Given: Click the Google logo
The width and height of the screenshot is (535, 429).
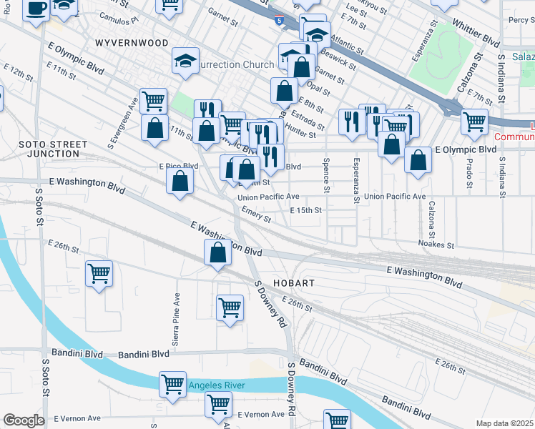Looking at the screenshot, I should [x=24, y=420].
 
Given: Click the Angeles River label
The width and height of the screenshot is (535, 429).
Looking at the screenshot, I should [x=217, y=385].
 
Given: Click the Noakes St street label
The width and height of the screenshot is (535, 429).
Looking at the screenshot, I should [x=436, y=244].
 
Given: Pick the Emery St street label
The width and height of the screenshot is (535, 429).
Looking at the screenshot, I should [x=255, y=213].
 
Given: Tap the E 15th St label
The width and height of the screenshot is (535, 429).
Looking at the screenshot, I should [x=306, y=210].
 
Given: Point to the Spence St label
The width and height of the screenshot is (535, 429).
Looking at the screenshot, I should [x=326, y=175].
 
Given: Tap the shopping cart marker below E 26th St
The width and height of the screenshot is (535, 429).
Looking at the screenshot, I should [x=99, y=272].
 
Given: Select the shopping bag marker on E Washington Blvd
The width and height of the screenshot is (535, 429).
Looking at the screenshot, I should [x=217, y=252].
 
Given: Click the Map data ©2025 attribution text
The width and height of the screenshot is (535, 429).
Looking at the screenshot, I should [x=505, y=423].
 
